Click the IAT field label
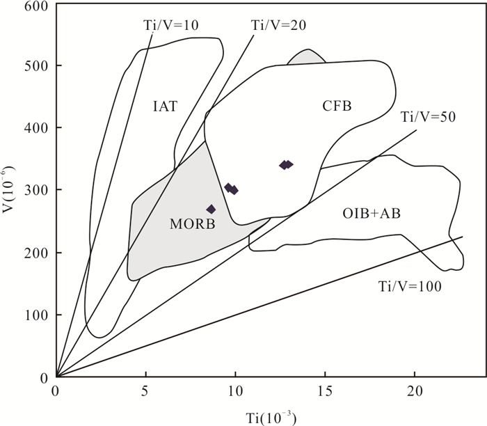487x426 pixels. (166, 106)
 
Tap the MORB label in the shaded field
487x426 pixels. (192, 224)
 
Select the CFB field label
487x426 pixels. (337, 106)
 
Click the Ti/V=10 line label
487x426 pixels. (171, 24)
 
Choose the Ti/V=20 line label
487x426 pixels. (279, 24)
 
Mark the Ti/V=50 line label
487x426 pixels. (428, 117)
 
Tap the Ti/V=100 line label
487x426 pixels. (410, 286)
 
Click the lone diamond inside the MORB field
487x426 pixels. (211, 210)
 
